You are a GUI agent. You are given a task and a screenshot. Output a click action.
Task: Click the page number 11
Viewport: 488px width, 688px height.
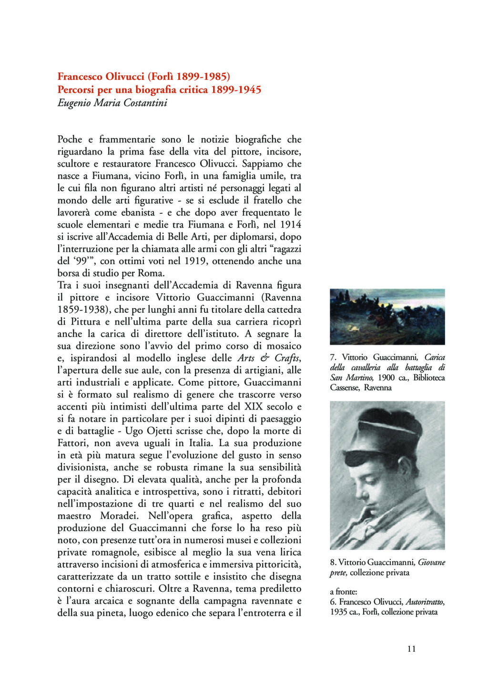412,648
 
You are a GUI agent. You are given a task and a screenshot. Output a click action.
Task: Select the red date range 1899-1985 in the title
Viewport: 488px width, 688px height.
203,76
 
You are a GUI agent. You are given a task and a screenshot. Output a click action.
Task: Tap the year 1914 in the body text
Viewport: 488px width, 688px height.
291,224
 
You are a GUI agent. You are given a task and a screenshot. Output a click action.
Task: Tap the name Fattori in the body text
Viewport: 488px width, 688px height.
72,443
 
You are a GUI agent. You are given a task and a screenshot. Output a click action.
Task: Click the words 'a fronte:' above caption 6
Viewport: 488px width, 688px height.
343,592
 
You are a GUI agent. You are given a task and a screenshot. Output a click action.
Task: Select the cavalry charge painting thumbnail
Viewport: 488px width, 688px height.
387,316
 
